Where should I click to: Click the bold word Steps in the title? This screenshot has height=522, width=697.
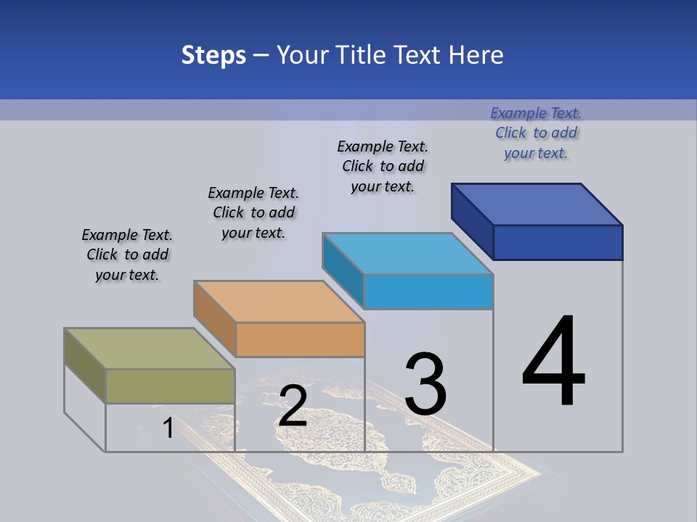213,55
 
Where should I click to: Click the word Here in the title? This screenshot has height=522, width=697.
478,55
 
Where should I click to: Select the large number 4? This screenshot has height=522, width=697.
553,362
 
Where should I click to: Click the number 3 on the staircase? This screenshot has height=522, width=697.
425,384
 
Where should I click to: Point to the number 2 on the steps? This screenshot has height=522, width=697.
293,406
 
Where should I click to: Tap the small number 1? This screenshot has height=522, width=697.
168,428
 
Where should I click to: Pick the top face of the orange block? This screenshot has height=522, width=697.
279,302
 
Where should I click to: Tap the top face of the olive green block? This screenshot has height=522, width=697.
150,349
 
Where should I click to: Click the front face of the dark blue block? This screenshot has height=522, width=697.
558,242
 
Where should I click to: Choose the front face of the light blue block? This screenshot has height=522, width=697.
428,291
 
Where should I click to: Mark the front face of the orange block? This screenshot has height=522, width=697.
300,339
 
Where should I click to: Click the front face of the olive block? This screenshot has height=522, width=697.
170,386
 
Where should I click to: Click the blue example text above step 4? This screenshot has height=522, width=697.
536,133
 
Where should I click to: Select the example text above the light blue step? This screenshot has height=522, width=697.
383,167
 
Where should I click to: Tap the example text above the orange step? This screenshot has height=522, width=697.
253,212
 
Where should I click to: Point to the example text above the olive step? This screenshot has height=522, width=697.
127,254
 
